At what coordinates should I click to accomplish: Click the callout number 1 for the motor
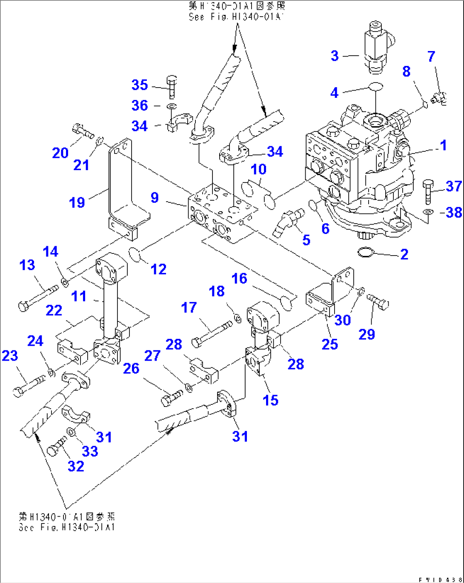[443, 145]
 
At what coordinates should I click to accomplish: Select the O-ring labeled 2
[366, 253]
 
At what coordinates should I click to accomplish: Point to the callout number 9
[155, 197]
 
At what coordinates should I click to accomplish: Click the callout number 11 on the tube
[79, 296]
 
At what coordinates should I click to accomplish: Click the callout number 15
[270, 400]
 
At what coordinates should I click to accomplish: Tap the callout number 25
[330, 344]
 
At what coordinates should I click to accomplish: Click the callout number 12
[158, 269]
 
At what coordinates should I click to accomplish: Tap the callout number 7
[431, 56]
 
